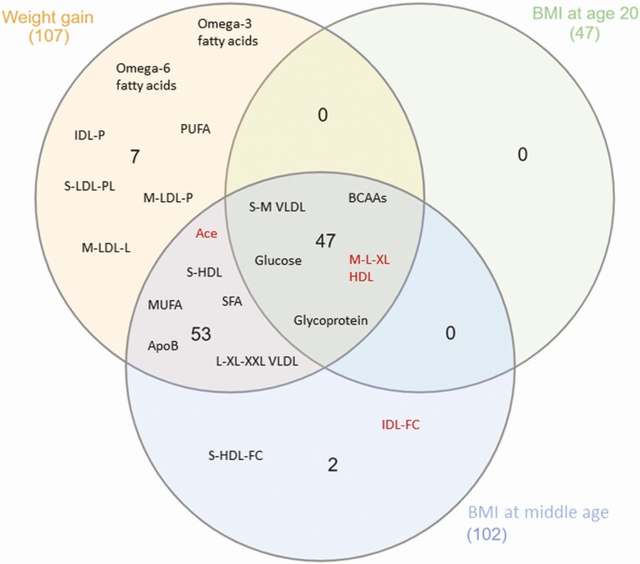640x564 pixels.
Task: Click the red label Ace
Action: [206, 234]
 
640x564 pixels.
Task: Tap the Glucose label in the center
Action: [278, 261]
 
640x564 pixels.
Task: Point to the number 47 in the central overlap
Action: [325, 241]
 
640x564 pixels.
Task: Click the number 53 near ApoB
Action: [201, 334]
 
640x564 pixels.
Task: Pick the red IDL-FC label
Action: [400, 425]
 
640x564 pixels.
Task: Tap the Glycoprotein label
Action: [331, 319]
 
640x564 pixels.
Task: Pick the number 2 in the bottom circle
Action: [333, 463]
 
